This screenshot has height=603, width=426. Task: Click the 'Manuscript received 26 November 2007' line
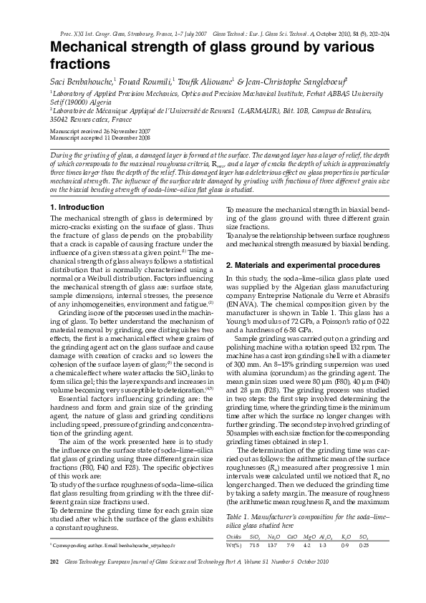[100, 132]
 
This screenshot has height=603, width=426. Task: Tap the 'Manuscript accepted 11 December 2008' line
[100, 138]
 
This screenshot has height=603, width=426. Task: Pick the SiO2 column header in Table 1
[253, 536]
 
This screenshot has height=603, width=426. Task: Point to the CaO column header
[292, 536]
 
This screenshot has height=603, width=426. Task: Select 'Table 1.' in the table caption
[238, 516]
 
